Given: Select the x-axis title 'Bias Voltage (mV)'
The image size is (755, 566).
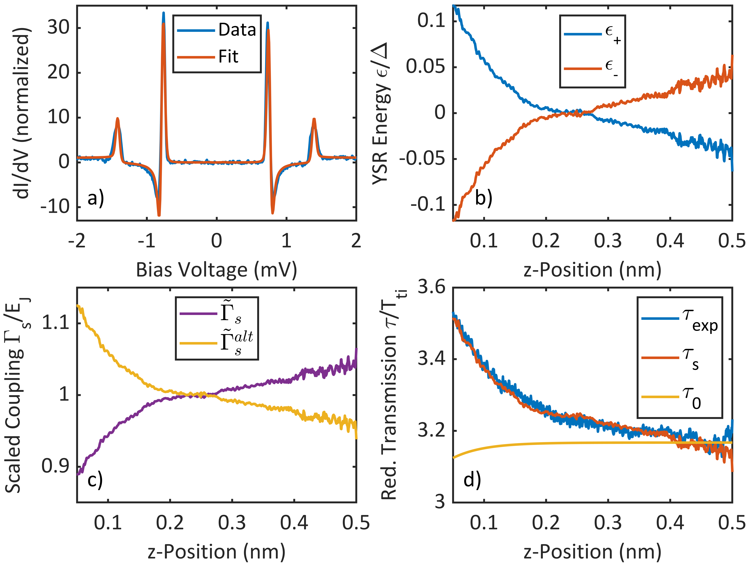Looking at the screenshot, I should tap(216, 270).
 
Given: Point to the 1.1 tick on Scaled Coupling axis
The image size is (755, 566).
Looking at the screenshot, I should tap(56, 323).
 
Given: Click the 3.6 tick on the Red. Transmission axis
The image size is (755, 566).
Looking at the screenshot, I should tap(432, 287).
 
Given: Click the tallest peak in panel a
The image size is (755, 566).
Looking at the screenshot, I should tap(164, 14).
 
